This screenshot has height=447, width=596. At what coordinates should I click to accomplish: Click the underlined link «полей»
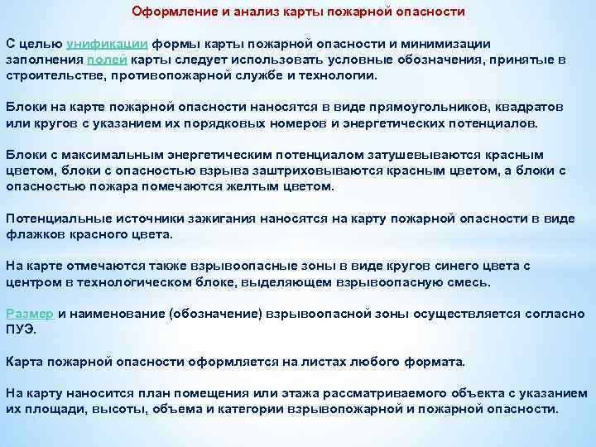click(108, 60)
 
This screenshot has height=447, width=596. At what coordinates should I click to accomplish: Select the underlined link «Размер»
click(30, 314)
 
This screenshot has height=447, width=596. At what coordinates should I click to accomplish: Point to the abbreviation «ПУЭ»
click(22, 329)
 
